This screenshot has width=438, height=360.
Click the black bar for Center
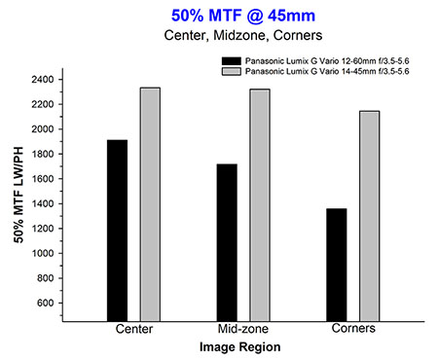(117, 231)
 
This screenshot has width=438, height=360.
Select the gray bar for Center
(150, 204)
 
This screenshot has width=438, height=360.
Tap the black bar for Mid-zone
(227, 242)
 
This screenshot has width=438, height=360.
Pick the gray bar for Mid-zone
(260, 205)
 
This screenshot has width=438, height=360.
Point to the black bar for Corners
(337, 265)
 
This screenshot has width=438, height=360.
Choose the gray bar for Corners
(370, 216)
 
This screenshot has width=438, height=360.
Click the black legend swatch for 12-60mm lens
(232, 61)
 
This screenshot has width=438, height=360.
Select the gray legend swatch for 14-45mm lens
(232, 71)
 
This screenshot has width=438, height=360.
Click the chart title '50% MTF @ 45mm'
(243, 16)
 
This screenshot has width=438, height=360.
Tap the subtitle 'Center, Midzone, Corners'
(243, 35)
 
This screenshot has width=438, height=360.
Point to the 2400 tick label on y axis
(43, 80)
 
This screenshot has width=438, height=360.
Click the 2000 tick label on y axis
(43, 129)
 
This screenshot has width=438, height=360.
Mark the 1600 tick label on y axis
(43, 179)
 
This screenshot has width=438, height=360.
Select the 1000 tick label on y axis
(43, 253)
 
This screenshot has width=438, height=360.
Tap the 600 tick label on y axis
(46, 303)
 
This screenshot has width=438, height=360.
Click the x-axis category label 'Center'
(134, 329)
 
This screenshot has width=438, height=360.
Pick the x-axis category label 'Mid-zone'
(243, 329)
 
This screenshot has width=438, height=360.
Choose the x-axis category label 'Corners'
(353, 328)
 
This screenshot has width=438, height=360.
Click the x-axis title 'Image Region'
(240, 347)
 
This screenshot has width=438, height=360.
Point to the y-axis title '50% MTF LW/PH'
(18, 195)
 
